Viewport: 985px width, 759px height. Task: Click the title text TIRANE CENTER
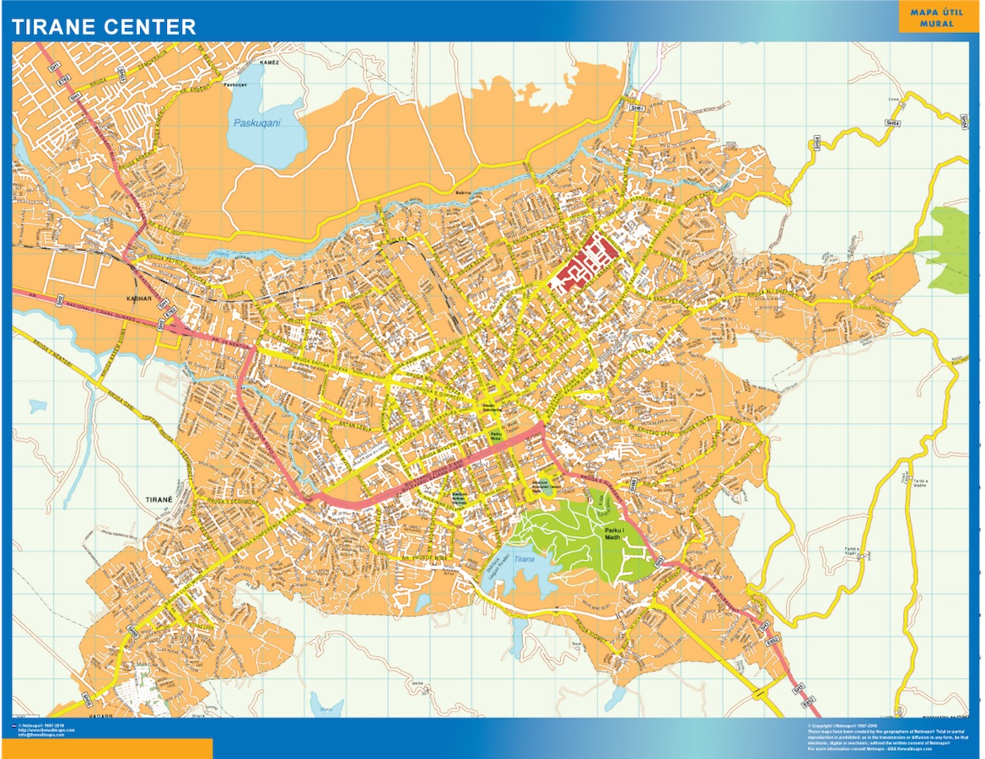point(104,26)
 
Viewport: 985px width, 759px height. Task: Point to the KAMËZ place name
point(269,62)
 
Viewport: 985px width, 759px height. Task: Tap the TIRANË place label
point(159,498)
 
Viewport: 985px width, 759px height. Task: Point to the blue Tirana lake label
point(524,559)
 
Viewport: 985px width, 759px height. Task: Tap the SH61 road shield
point(638,109)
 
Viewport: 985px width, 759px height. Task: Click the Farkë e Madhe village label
point(918,482)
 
